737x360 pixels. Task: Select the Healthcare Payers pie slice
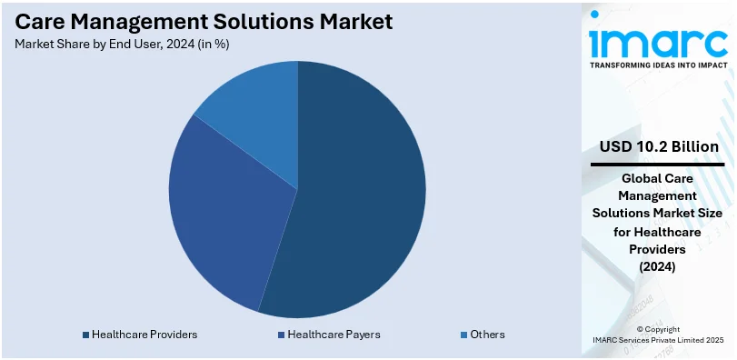[223, 218]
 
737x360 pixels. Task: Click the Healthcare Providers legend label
[144, 335]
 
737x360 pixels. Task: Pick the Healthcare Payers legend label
[334, 335]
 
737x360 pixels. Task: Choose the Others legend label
[487, 335]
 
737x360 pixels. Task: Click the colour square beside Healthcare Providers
[85, 335]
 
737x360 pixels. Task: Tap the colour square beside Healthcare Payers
[282, 335]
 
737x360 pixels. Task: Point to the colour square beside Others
[463, 335]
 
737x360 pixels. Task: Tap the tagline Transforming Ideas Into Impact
[657, 65]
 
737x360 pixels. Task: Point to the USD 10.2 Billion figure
[659, 146]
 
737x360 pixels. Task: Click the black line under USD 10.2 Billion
[657, 165]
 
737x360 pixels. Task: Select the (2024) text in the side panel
[657, 266]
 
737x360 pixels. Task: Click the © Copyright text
[657, 328]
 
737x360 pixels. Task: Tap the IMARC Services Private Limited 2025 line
[657, 340]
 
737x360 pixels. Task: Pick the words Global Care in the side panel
[657, 179]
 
